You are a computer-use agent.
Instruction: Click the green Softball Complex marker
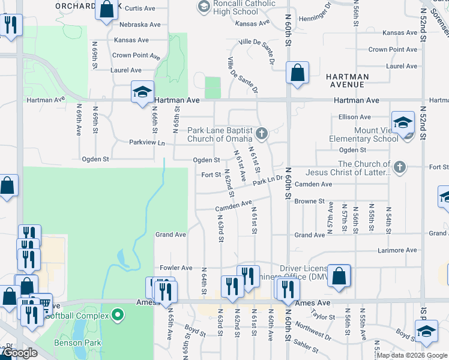tap(118, 313)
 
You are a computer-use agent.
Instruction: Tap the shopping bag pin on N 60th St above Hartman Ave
tap(297, 74)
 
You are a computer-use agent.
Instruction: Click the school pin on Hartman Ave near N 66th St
tap(142, 93)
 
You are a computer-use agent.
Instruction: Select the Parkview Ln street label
tap(146, 143)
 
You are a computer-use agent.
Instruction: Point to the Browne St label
tap(309, 202)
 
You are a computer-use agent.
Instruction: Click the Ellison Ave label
tap(355, 117)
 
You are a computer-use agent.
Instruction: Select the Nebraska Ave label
tap(140, 25)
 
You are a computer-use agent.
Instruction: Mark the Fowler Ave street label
tap(176, 268)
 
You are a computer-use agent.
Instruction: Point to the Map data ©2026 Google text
tap(412, 355)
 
